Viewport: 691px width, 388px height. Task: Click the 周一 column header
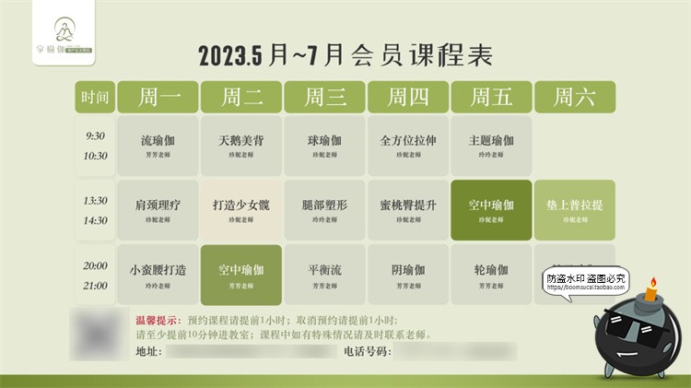[x=158, y=97]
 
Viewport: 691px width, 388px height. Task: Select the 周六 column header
[x=574, y=97]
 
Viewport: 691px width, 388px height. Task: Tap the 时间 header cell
[x=95, y=97]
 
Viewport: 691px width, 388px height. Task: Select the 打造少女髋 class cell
[x=241, y=210]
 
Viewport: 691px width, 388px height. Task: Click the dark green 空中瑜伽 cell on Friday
[x=491, y=210]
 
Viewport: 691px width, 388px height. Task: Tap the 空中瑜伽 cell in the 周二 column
[x=241, y=274]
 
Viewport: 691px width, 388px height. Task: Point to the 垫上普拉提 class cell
[x=574, y=210]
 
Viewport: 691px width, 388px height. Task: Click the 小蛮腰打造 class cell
[x=158, y=274]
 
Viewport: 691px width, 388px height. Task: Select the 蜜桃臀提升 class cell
[x=407, y=210]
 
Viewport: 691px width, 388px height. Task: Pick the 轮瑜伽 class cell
[x=491, y=274]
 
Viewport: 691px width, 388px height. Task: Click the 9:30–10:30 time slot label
[x=95, y=146]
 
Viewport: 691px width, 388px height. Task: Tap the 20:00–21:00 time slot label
[x=95, y=275]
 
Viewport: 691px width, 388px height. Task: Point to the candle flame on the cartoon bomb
[x=653, y=282]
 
